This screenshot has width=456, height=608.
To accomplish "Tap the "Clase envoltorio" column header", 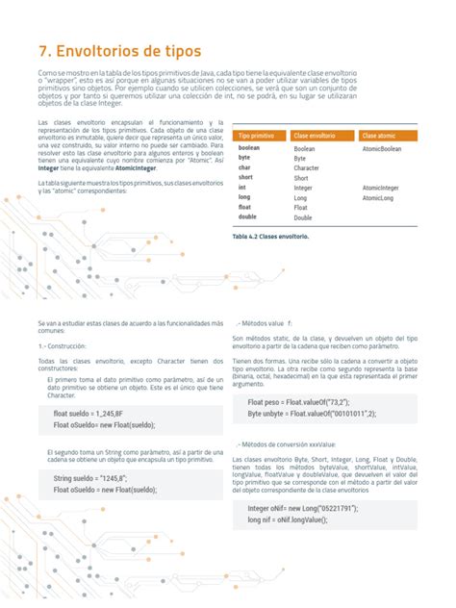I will pos(315,137).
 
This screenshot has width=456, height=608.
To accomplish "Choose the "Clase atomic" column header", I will pos(379,137).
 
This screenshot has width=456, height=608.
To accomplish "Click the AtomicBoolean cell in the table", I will pos(383,149).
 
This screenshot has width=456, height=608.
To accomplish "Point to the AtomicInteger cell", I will pos(381,189).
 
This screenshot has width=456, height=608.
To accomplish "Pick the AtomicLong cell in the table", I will pos(378,198).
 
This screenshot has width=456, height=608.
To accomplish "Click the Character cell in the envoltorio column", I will pos(307,168).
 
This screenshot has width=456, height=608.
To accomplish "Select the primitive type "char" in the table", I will pos(245,168).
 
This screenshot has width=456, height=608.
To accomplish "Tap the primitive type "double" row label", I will pos(248,217).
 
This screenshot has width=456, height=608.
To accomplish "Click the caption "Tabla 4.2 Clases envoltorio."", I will pos(270,236).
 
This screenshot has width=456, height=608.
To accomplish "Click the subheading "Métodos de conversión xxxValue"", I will pos(287,445).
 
